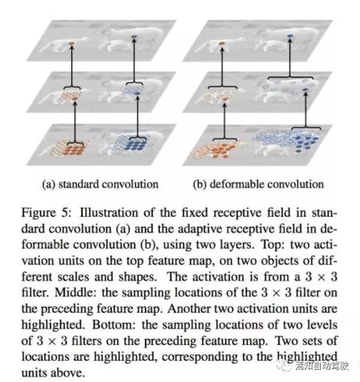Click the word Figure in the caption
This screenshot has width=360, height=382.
click(x=38, y=213)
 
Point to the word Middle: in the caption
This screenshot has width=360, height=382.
click(x=74, y=292)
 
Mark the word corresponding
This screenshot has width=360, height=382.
click(x=200, y=357)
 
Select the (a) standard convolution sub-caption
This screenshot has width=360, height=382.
click(x=100, y=184)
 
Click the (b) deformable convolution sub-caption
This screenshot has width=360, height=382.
click(x=258, y=184)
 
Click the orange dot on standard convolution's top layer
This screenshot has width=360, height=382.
click(x=71, y=43)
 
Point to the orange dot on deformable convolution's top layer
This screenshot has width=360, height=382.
click(x=222, y=43)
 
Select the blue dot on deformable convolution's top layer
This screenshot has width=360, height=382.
click(x=290, y=36)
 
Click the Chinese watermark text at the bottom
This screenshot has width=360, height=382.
click(x=322, y=366)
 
